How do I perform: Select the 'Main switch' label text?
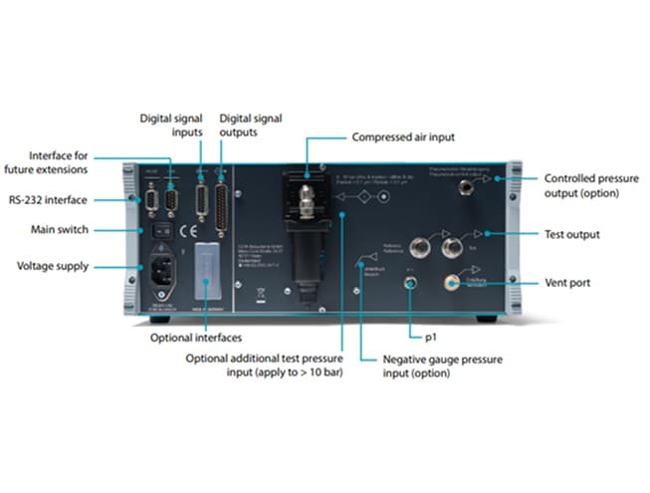(62, 230)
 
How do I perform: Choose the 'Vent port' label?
(566, 283)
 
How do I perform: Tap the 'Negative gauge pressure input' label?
(443, 366)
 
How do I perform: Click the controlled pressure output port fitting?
(463, 185)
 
